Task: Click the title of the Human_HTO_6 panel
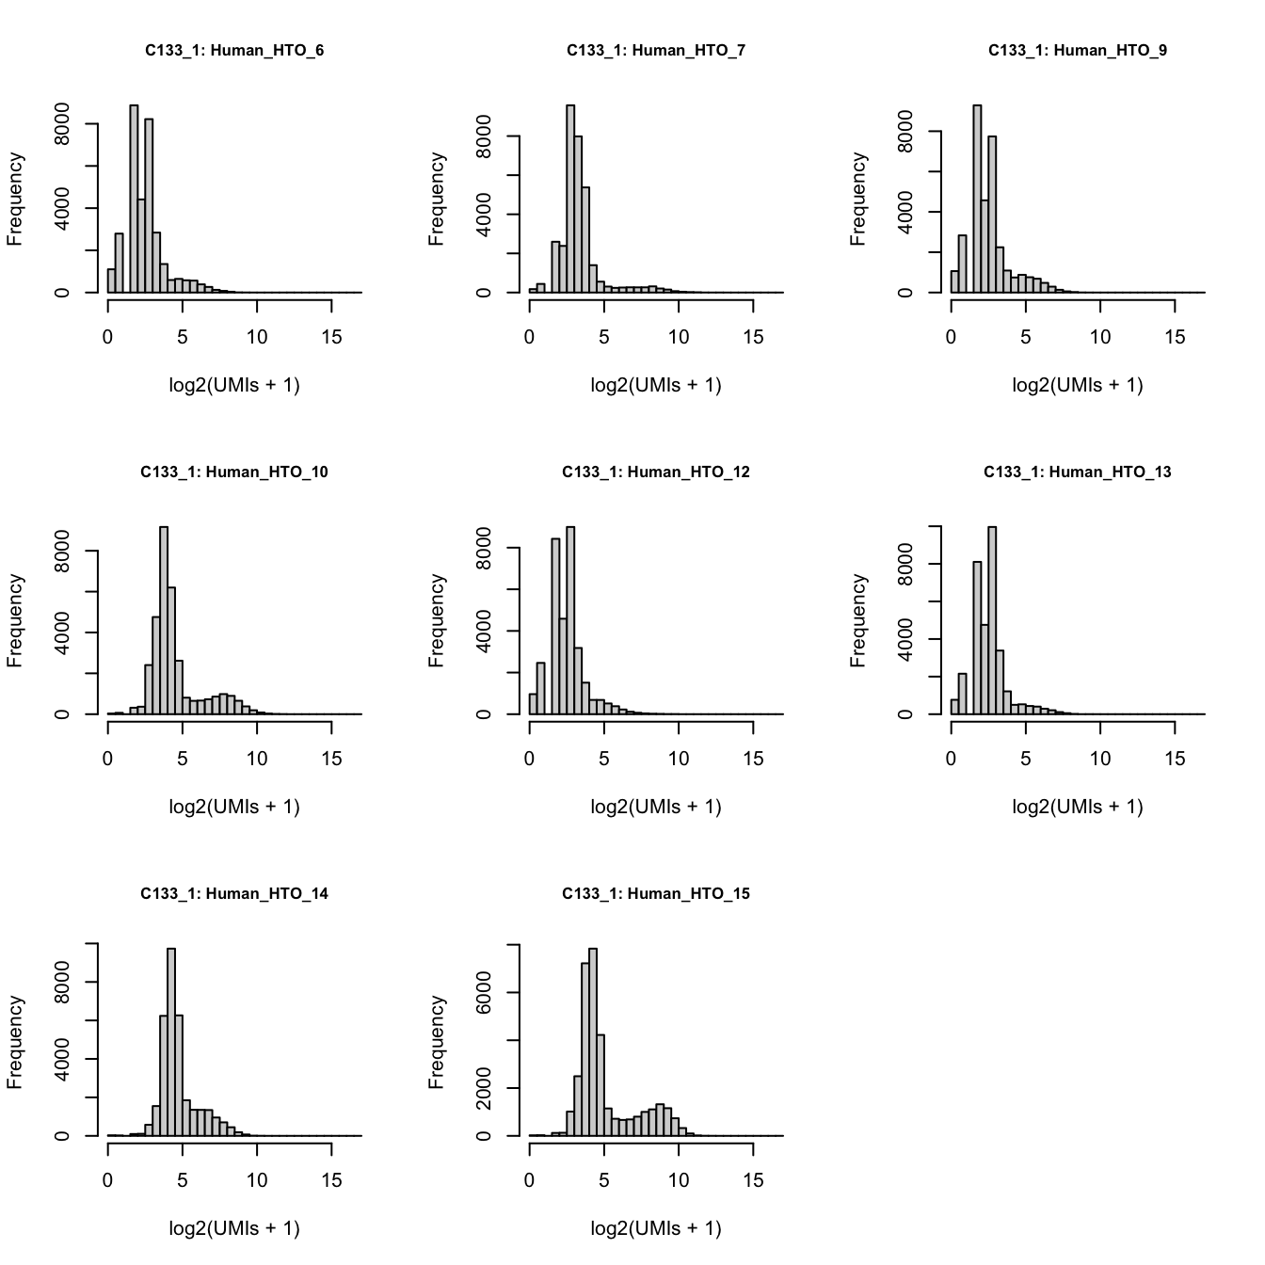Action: [x=234, y=51]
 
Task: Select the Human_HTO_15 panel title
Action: [x=656, y=894]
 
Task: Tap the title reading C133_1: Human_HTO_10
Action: [x=234, y=472]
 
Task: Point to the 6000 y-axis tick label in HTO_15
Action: [x=484, y=993]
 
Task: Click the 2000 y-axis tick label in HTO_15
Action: [x=484, y=1089]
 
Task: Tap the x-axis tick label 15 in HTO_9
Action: [x=1175, y=337]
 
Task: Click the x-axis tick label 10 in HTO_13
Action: [x=1100, y=759]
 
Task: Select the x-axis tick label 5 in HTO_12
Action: [x=603, y=759]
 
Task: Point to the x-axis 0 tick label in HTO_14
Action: [x=107, y=1180]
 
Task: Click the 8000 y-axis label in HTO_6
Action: [x=62, y=124]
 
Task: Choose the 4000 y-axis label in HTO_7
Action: [x=484, y=215]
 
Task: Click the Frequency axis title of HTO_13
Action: [x=857, y=621]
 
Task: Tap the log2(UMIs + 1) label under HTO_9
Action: [x=1078, y=385]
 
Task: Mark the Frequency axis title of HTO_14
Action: [x=14, y=1043]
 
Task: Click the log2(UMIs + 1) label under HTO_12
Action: [x=656, y=807]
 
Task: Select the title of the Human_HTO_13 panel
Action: [x=1078, y=472]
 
